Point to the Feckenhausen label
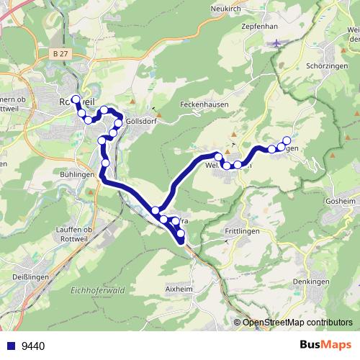[x=204, y=104]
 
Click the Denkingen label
[x=310, y=282]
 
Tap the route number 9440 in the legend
[x=33, y=346]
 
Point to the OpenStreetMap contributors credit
[x=296, y=322]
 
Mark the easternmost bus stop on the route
[x=287, y=140]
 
